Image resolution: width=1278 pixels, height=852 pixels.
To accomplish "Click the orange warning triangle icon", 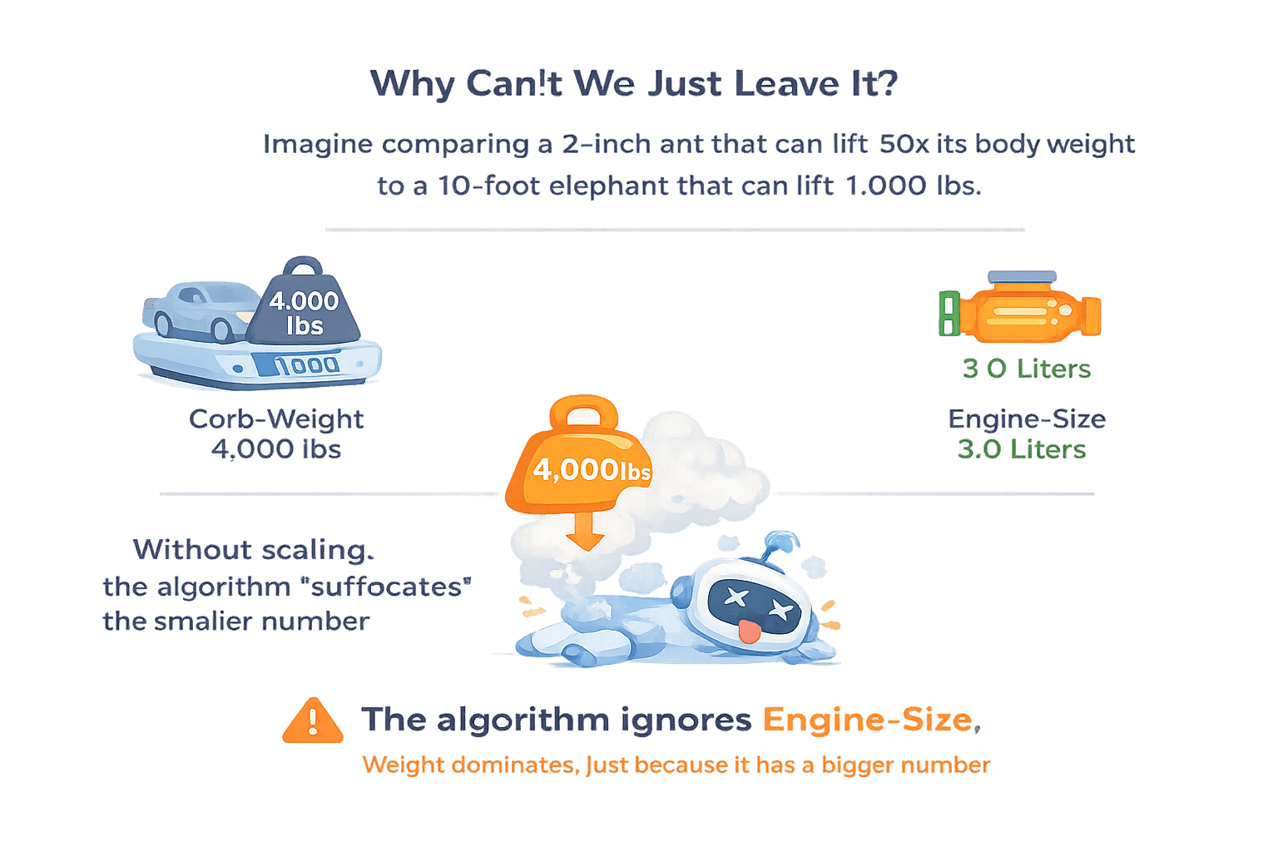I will coord(312,721).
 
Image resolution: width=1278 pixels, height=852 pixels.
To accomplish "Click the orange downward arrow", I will coord(585,531).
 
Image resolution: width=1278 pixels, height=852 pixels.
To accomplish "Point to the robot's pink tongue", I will coord(750,632).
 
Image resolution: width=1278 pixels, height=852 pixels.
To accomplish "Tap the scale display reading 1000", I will coord(306,364).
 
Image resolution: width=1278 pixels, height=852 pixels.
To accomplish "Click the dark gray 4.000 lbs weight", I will coord(304,308).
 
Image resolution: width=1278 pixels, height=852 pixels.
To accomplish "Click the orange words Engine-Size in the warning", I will coord(867,720).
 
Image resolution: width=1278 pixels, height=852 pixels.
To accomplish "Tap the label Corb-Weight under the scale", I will coord(275,419).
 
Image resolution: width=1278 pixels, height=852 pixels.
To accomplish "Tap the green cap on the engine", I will coord(948,314).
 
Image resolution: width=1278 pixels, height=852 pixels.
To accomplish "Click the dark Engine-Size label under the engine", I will coord(1026,419).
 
